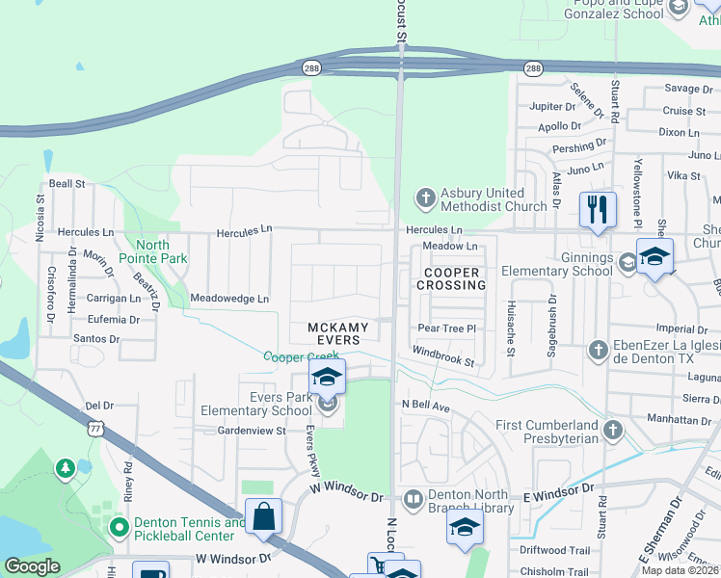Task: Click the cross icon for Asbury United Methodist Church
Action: (425, 198)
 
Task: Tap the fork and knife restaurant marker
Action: (598, 209)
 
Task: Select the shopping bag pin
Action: (263, 517)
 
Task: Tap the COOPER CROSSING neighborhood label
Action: (451, 278)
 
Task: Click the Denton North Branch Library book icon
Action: (413, 499)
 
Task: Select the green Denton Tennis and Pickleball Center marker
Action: (119, 528)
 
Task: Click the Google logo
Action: (32, 566)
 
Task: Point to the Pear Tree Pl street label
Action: (447, 328)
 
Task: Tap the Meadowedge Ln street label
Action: (229, 299)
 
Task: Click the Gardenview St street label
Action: (252, 431)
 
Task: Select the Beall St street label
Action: (67, 183)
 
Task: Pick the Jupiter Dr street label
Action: (552, 106)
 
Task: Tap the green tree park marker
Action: (65, 468)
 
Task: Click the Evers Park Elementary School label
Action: (256, 404)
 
